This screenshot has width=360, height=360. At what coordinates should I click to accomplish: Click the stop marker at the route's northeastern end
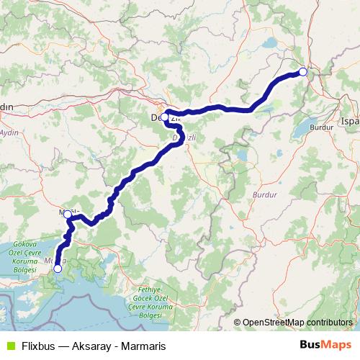(x=302, y=71)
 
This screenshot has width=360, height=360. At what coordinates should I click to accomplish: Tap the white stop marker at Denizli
(x=165, y=117)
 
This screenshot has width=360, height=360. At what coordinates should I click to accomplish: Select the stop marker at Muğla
(x=67, y=214)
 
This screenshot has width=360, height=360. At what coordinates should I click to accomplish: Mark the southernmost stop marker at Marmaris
(x=58, y=269)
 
